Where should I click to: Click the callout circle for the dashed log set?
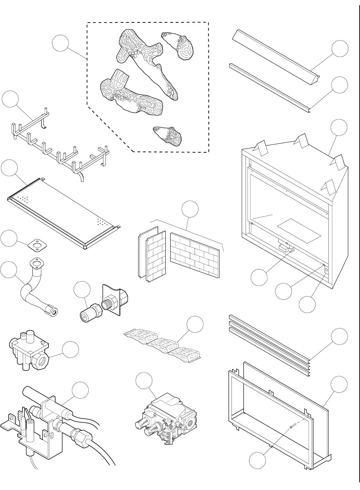[60, 44]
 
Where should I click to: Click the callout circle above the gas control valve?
[144, 381]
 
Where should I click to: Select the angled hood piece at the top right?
[276, 55]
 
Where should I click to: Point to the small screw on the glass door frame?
[292, 427]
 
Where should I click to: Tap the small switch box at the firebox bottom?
[286, 247]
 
